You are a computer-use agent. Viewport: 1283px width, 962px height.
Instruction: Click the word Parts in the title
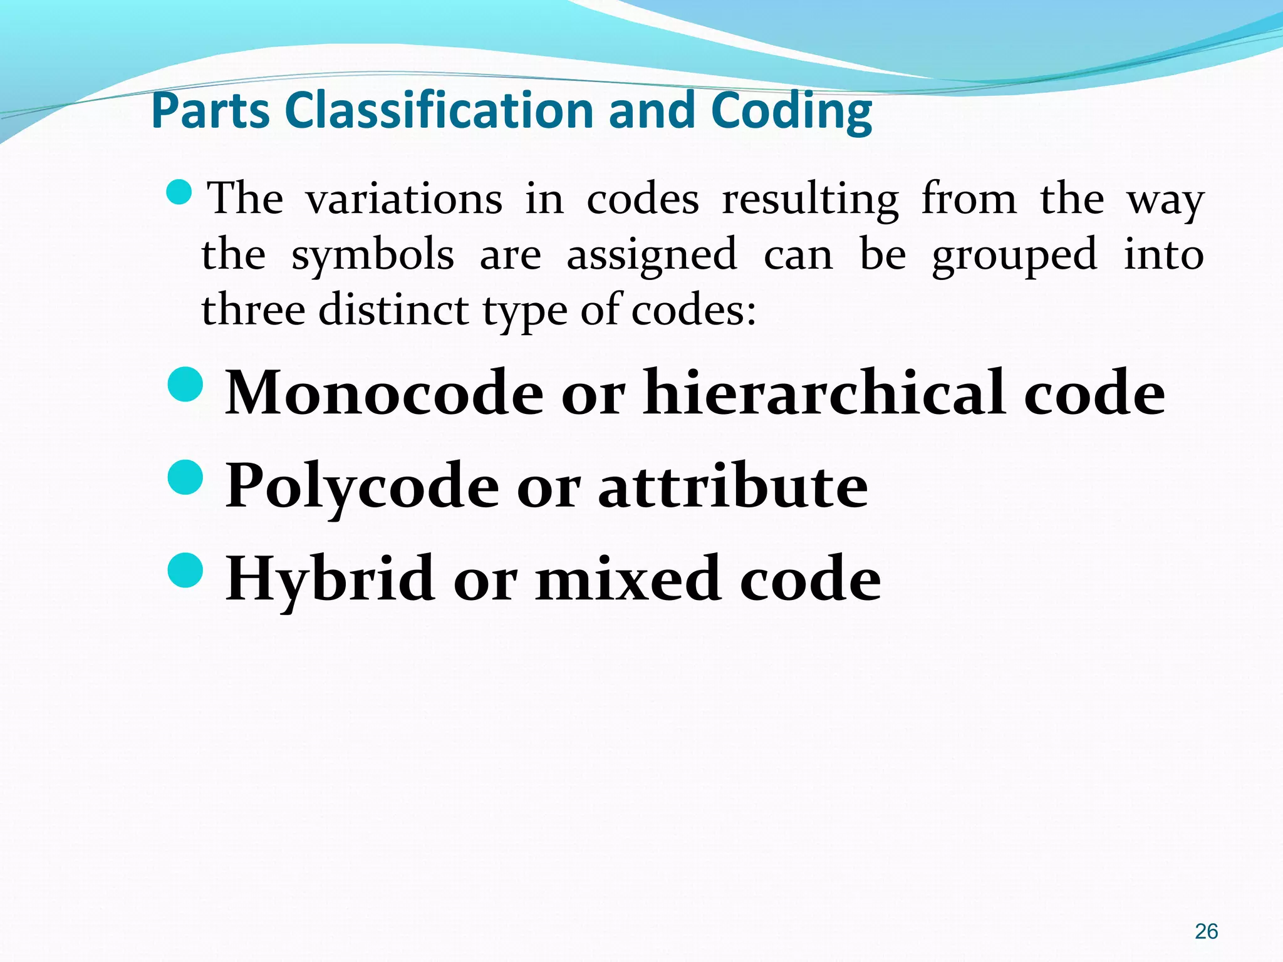tap(212, 111)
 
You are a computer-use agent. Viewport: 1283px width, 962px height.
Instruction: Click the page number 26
tap(1206, 931)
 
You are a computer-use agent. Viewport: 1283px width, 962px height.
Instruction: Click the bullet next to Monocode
tap(186, 384)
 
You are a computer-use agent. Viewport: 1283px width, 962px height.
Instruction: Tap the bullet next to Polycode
tap(186, 477)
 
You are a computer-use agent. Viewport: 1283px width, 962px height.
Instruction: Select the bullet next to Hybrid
tap(186, 570)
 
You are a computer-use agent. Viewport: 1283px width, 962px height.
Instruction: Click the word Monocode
tap(384, 393)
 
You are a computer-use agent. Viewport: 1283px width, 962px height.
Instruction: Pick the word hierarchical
tap(824, 393)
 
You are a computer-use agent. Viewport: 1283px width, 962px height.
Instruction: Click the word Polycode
tap(362, 486)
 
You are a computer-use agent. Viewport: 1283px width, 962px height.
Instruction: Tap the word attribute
tap(733, 486)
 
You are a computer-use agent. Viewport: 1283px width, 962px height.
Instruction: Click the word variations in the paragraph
tap(404, 199)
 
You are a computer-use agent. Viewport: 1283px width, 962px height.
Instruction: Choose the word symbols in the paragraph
tap(373, 256)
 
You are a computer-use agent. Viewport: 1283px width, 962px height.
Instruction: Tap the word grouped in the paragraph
tap(1014, 256)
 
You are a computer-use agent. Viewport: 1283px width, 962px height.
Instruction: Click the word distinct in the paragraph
tap(393, 309)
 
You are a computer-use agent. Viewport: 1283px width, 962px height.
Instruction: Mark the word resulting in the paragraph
tap(811, 199)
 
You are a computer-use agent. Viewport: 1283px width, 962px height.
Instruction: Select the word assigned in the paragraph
tap(652, 256)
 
